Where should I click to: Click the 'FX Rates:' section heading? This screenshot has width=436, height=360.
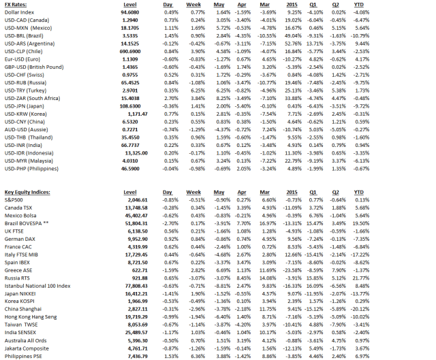pos(18,4)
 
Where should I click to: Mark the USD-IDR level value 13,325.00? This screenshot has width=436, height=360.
pos(127,153)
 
